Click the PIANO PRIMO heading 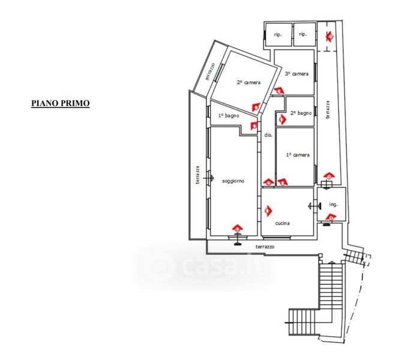(x=61, y=103)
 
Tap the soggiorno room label (x=233, y=181)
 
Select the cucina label (x=283, y=223)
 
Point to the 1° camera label (x=298, y=155)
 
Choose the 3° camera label (x=296, y=74)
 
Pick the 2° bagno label (x=301, y=113)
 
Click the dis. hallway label (x=269, y=136)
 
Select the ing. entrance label (x=334, y=205)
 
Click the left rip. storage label (x=278, y=34)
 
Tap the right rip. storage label (x=303, y=34)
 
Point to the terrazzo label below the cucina (x=265, y=247)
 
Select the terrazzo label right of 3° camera (x=328, y=111)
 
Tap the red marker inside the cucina (x=268, y=211)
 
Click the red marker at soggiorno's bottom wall (x=238, y=229)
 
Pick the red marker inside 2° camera (x=256, y=107)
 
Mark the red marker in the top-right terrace (x=330, y=37)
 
